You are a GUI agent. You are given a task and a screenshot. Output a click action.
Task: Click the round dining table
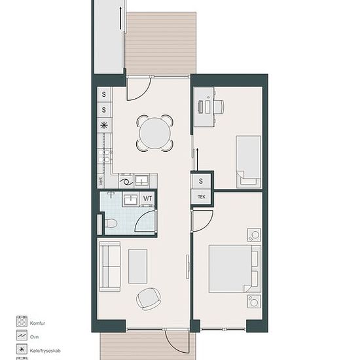click(155, 133)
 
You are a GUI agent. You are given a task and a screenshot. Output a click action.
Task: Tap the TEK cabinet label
click(202, 197)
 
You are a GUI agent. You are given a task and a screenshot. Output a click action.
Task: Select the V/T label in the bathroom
click(147, 198)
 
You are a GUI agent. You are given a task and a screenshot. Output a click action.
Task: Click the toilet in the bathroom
click(111, 223)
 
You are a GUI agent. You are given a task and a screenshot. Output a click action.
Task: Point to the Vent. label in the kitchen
click(100, 182)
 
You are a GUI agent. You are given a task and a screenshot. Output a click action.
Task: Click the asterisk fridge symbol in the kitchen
click(104, 126)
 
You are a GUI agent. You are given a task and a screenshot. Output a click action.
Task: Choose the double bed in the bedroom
click(234, 269)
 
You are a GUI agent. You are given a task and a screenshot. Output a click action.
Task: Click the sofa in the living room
click(110, 266)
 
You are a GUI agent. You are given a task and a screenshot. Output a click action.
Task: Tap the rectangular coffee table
click(137, 266)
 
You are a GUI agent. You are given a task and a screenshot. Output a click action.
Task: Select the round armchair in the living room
click(149, 299)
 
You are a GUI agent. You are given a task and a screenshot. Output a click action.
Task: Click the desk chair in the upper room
click(219, 107)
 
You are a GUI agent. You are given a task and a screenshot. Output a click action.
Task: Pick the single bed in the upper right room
click(249, 162)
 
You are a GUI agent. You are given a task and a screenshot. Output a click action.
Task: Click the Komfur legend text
click(37, 323)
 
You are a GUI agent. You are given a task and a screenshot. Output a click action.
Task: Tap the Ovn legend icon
click(22, 335)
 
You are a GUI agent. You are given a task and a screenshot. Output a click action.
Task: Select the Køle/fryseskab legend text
click(45, 351)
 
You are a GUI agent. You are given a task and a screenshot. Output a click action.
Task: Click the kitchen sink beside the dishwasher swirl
click(141, 181)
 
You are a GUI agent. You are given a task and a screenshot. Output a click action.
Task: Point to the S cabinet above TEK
click(201, 181)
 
